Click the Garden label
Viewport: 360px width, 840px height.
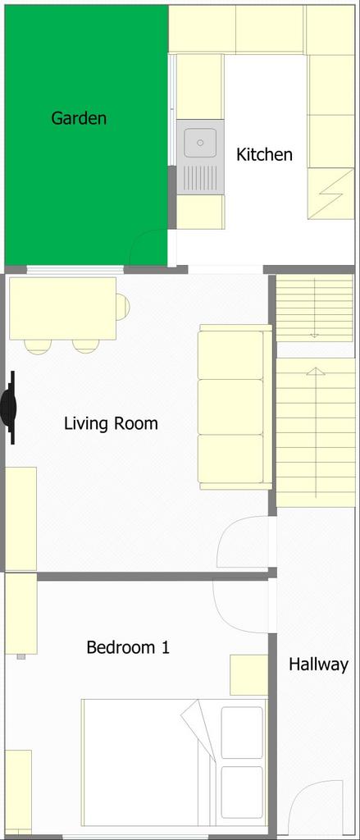pos(79,118)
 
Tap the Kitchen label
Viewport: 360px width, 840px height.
pos(265,155)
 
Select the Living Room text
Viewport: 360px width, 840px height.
pos(111,424)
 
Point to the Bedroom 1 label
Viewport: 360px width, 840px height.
pos(128,647)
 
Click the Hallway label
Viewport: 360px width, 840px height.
pos(319,664)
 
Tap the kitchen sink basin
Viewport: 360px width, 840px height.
pos(200,143)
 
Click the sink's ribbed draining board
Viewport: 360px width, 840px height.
pos(200,177)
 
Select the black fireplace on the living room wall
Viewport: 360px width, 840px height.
pos(10,408)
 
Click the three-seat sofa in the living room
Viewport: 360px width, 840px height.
pos(235,407)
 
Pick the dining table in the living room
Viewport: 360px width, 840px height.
pos(62,308)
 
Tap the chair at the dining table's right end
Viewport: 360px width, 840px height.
pos(123,307)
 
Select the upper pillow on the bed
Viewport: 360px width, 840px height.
pos(242,733)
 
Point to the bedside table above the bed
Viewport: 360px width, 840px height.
pos(248,674)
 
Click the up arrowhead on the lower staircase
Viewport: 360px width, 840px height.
pos(316,371)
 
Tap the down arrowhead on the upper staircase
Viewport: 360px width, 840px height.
pos(315,336)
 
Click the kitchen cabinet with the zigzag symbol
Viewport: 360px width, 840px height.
pos(330,194)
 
